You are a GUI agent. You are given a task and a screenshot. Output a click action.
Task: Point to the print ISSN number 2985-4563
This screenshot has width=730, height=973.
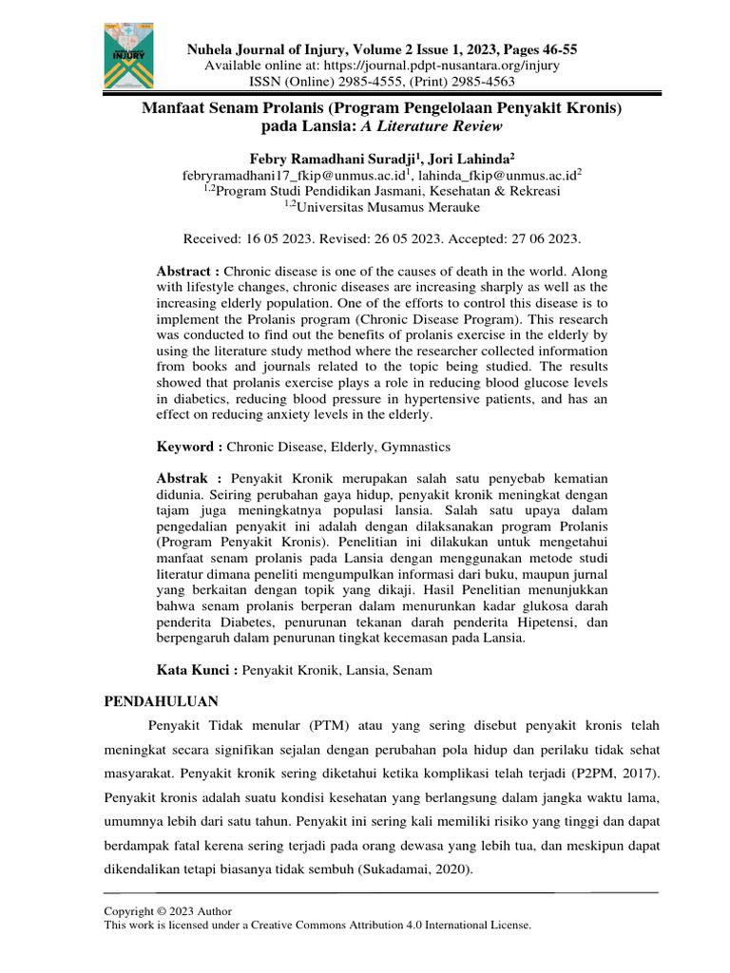coord(503,81)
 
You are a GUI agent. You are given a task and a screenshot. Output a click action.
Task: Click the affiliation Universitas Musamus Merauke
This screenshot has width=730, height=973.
coord(385,206)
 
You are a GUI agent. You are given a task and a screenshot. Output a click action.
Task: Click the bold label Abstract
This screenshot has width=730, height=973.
coord(187,271)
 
